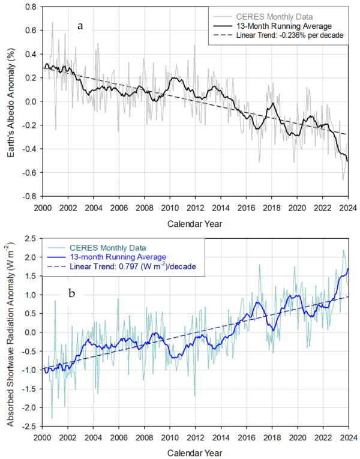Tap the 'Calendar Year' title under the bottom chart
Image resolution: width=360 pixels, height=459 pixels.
click(195, 452)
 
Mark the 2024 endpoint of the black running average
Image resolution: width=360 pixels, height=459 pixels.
click(348, 161)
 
